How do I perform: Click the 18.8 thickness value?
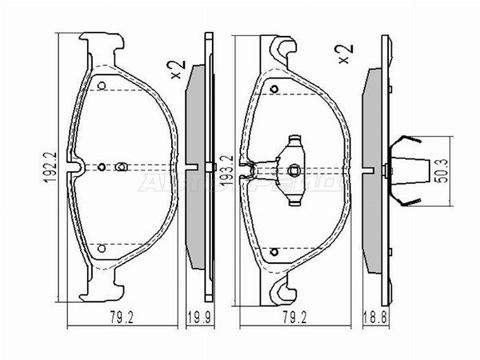click(x=374, y=316)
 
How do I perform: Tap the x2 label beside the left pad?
click(x=177, y=64)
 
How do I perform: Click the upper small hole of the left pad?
click(x=101, y=84)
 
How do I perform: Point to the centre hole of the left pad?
click(x=121, y=166)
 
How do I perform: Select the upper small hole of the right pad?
click(x=274, y=89)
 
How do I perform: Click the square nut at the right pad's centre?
click(x=294, y=167)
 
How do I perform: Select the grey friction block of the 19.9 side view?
click(x=194, y=167)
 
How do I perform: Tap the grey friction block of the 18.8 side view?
click(x=373, y=167)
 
